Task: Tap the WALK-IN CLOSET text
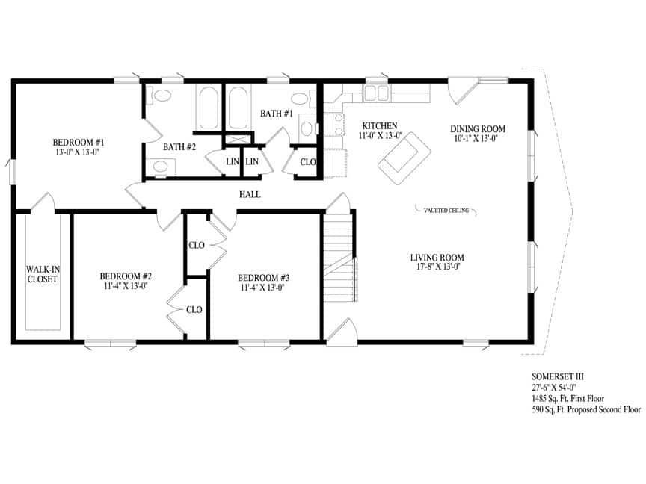(42, 274)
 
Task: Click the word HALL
(250, 195)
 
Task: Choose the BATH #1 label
(276, 114)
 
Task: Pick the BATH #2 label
(179, 147)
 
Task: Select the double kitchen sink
(377, 93)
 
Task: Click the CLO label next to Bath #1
(307, 162)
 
